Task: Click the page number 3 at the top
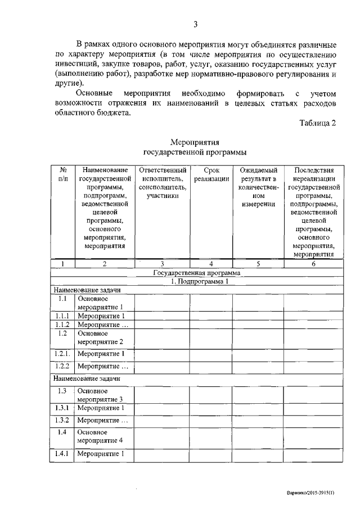coord(195,24)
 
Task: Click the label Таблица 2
coord(317,124)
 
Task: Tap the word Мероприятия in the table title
coord(195,142)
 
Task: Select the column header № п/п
coord(63,174)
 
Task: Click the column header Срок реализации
coord(211,174)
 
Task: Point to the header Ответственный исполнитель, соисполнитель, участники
coord(163,183)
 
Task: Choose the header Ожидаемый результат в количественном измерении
coord(258,187)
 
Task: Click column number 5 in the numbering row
coord(258,263)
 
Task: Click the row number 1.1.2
coord(62,325)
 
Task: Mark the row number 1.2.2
coord(62,367)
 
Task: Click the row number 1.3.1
coord(62,408)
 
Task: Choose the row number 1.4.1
coord(62,454)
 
